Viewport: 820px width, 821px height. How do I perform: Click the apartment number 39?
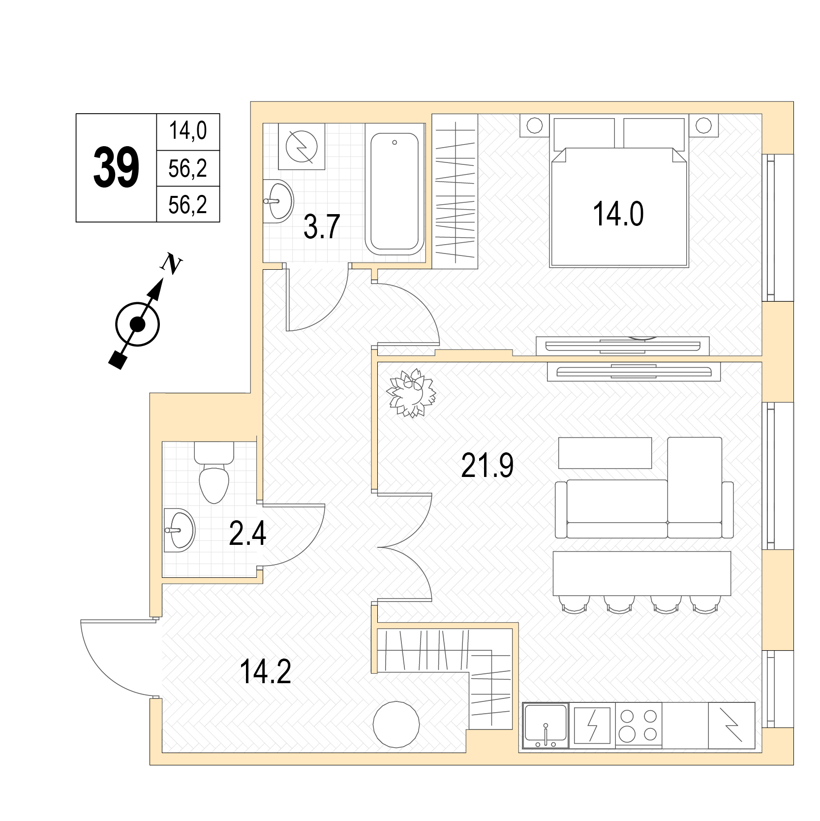(x=117, y=168)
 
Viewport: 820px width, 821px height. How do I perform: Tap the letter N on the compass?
(x=171, y=264)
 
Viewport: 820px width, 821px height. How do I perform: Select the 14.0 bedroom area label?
(x=618, y=214)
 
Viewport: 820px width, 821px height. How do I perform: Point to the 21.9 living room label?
(x=487, y=466)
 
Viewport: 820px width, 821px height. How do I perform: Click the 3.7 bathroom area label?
(x=322, y=227)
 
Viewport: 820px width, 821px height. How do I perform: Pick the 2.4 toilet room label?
(x=247, y=534)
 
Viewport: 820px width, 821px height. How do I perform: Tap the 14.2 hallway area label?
(x=265, y=672)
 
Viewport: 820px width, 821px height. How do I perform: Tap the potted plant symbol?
(x=411, y=393)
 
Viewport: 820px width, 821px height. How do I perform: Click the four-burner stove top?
(x=638, y=726)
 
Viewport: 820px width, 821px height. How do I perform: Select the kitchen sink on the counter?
(x=546, y=726)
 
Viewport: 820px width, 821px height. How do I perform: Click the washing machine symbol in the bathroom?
(x=302, y=147)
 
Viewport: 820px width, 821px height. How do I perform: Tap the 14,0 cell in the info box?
(x=188, y=131)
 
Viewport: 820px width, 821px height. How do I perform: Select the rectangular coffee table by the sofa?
(x=605, y=453)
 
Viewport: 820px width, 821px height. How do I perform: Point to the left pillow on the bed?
(x=584, y=133)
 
